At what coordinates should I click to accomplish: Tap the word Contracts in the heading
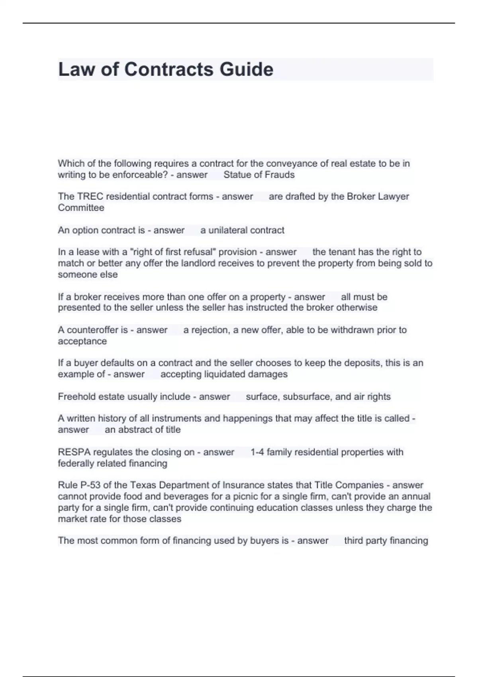pos(169,70)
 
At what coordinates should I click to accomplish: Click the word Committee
pos(81,207)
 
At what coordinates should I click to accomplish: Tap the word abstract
pos(135,430)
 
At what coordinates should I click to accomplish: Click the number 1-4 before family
pos(257,452)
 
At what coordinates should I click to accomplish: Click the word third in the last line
pos(353,540)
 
